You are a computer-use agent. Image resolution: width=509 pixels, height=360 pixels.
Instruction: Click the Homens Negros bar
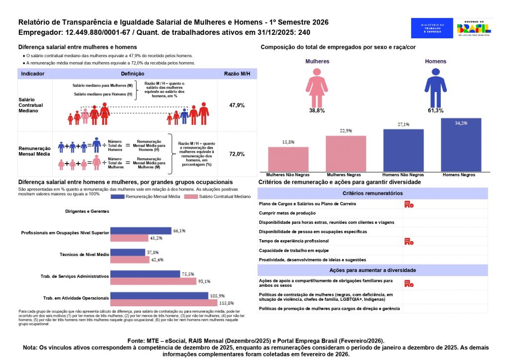pos(461,145)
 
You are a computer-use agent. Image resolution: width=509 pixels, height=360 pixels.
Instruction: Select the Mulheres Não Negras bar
pos(288,159)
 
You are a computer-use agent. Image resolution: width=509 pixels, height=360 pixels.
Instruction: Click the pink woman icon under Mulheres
pos(317,88)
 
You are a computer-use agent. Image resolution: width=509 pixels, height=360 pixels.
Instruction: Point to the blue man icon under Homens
pos(435,88)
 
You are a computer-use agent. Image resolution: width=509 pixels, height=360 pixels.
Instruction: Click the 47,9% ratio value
pos(237,105)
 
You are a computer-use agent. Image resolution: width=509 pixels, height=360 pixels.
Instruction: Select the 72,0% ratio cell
pos(237,154)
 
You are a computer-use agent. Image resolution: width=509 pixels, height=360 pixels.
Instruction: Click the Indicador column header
pos(33,74)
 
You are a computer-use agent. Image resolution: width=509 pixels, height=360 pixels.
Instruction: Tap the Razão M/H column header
pos(237,74)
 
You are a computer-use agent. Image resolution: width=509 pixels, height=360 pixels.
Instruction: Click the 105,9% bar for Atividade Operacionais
pos(159,295)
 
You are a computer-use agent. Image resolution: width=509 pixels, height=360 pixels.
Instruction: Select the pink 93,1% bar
pos(153,281)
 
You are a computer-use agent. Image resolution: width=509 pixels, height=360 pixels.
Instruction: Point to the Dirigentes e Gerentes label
pos(87,211)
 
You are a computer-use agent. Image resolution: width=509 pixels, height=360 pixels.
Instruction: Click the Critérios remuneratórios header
pos(372,193)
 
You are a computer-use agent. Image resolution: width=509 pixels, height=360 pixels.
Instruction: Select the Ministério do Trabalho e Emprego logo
pos(432,28)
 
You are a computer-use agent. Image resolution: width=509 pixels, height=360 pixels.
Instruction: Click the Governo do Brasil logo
pos(476,28)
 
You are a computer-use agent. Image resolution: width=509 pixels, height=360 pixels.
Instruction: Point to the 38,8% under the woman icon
pos(317,110)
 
